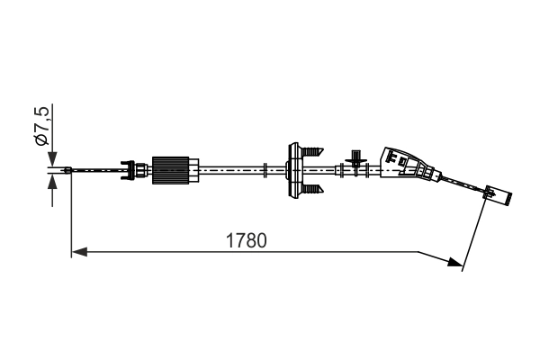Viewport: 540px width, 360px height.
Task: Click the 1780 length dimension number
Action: click(x=247, y=240)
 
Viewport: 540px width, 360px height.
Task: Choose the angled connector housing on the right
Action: click(x=404, y=165)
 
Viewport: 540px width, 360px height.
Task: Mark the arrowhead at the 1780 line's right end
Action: click(x=454, y=263)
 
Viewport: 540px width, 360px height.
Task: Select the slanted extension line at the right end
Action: click(x=474, y=233)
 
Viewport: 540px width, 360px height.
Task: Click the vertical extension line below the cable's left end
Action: click(x=70, y=216)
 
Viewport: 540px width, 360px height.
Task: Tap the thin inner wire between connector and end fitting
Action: click(x=463, y=184)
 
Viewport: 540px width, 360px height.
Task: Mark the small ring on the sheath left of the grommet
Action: click(x=267, y=168)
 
